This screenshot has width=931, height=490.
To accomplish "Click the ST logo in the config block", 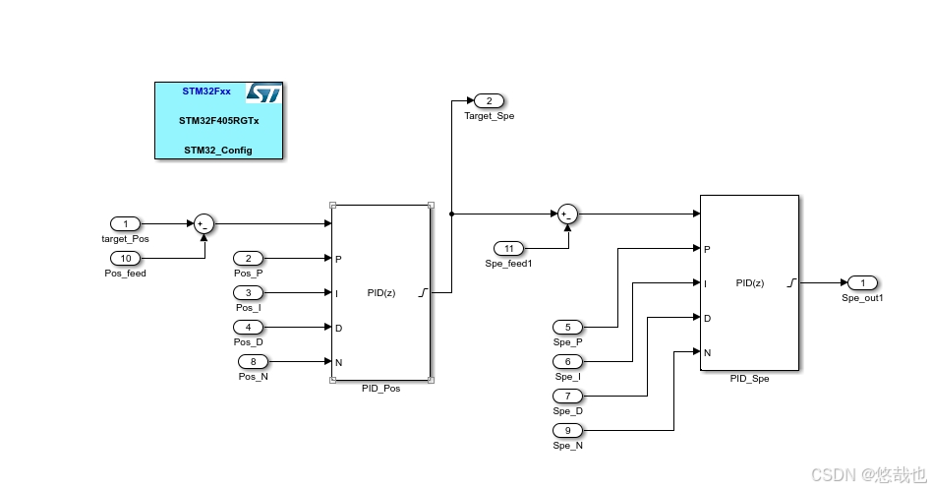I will (263, 93).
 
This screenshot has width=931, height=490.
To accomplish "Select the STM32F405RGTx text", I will (218, 120).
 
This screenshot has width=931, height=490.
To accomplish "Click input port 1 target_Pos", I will (125, 223).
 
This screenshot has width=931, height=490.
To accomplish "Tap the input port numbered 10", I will (125, 258).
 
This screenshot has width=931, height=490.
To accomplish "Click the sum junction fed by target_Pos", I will (204, 223).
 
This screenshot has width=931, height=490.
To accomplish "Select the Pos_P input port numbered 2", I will (248, 258).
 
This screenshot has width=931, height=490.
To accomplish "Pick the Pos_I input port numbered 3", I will (248, 292).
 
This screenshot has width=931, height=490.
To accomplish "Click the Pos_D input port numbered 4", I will (248, 327).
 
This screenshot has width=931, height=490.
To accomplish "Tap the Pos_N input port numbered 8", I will (253, 361).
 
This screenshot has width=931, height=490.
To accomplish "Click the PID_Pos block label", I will (380, 388).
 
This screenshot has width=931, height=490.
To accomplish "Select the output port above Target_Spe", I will (489, 100).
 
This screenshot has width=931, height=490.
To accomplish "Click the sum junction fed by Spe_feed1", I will (567, 214).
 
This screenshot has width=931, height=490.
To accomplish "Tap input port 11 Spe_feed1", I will (508, 248).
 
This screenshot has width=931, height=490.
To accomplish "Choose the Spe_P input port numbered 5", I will (567, 327).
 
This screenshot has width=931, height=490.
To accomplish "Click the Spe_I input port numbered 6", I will (567, 361).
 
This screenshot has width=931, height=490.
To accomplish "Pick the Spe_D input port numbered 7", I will (567, 396).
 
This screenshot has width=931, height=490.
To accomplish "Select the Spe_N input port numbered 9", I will (567, 430).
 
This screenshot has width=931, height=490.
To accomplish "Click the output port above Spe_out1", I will (862, 282).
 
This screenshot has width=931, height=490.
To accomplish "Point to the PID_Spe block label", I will (749, 378).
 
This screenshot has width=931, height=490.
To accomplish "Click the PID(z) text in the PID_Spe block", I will (750, 282).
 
